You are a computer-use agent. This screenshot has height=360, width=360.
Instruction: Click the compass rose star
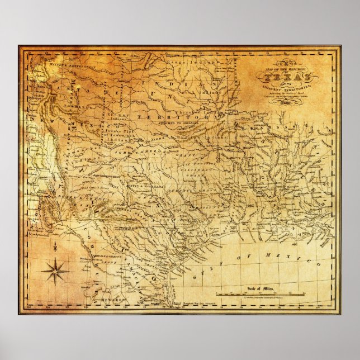55,272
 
